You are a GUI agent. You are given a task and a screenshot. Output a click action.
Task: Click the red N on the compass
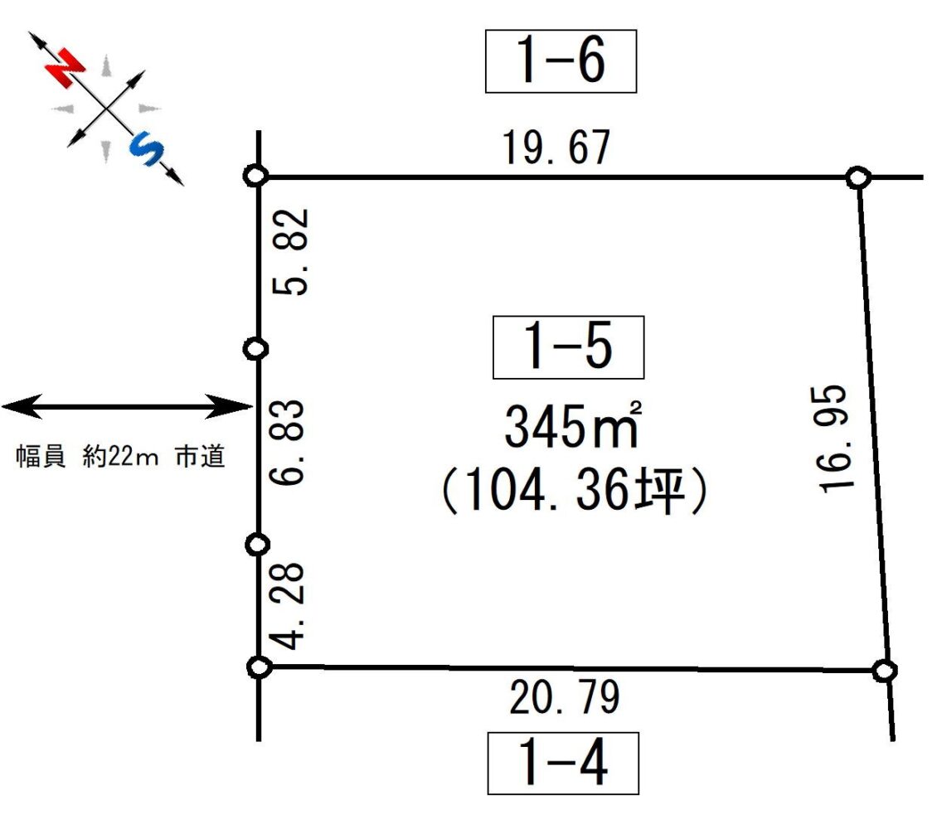(x=66, y=68)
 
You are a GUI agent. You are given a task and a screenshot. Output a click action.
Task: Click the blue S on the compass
(x=147, y=148)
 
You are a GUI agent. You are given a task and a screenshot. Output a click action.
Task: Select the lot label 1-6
(x=561, y=61)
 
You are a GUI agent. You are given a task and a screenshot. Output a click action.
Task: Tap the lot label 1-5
(x=568, y=347)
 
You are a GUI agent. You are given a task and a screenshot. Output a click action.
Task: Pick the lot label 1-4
(x=564, y=763)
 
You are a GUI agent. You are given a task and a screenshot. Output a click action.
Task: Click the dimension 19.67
(x=556, y=147)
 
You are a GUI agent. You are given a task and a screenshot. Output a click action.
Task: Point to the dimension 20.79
(x=565, y=696)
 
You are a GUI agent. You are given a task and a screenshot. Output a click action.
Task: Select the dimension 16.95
(x=832, y=439)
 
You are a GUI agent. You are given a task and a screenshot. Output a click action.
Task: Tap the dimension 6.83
(x=288, y=442)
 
